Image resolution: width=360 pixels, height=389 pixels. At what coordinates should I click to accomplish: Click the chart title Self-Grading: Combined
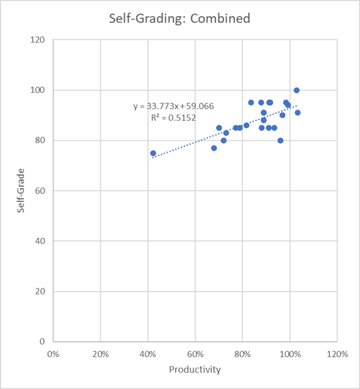[x=180, y=19]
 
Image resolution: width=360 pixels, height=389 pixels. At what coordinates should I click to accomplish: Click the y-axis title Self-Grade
[x=21, y=190]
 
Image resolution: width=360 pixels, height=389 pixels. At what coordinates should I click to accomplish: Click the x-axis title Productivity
[x=195, y=370]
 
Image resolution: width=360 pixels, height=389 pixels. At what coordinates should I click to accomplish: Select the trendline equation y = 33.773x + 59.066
[x=173, y=105]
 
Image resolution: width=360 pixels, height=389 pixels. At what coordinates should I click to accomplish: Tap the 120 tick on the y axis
[x=39, y=40]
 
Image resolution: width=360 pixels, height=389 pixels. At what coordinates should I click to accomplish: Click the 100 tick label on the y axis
[x=39, y=90]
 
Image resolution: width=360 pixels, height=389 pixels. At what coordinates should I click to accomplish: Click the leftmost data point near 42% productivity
[x=153, y=153]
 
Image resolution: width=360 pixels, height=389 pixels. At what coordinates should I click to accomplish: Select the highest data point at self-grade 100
[x=296, y=90]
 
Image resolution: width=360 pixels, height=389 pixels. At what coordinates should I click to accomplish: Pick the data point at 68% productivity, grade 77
[x=214, y=148]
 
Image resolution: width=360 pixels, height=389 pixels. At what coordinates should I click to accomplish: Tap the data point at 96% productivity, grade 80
[x=280, y=140]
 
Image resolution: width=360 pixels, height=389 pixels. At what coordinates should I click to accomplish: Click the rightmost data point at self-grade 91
[x=298, y=113]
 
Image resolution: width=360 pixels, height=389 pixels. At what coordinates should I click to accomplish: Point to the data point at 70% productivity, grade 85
[x=219, y=128]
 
